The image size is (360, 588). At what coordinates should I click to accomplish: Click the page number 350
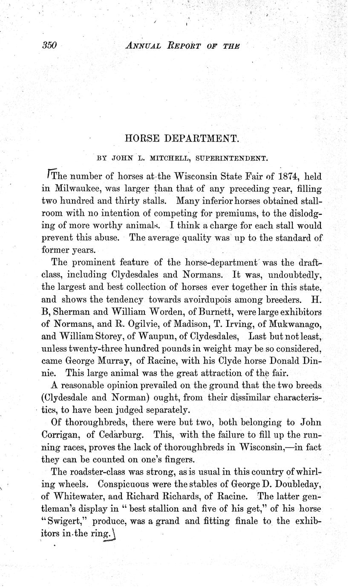coord(50,46)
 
